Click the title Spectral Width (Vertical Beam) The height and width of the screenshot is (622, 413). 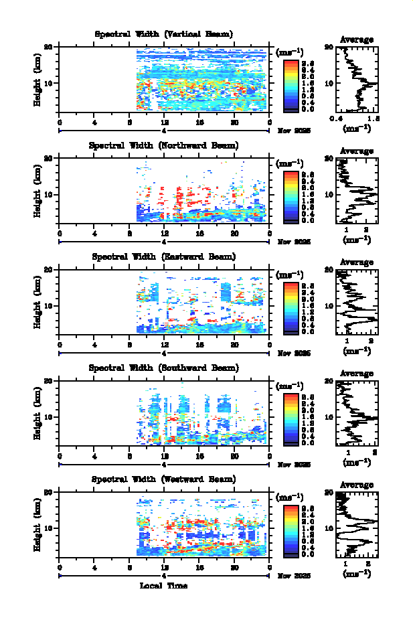(164, 34)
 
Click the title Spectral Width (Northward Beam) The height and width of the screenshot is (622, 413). (164, 145)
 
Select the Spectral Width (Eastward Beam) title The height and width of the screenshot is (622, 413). (164, 256)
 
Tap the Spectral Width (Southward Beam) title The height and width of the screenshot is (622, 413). (164, 368)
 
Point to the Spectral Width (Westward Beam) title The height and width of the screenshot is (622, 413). (164, 479)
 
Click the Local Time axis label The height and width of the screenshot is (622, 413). (164, 585)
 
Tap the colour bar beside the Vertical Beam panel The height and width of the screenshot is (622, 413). (291, 84)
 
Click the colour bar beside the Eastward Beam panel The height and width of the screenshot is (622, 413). (291, 307)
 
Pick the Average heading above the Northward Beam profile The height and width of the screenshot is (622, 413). (357, 151)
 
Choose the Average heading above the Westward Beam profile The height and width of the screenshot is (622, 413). (357, 485)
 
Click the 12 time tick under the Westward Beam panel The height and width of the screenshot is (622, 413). (165, 567)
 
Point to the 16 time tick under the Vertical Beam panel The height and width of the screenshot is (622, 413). (199, 123)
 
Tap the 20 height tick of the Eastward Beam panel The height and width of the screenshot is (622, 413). (50, 269)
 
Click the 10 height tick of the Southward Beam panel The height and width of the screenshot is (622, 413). (50, 416)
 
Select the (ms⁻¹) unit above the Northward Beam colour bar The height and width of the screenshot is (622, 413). (290, 164)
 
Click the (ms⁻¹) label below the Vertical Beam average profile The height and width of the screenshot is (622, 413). (357, 129)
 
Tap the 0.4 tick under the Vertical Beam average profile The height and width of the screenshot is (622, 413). (338, 118)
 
